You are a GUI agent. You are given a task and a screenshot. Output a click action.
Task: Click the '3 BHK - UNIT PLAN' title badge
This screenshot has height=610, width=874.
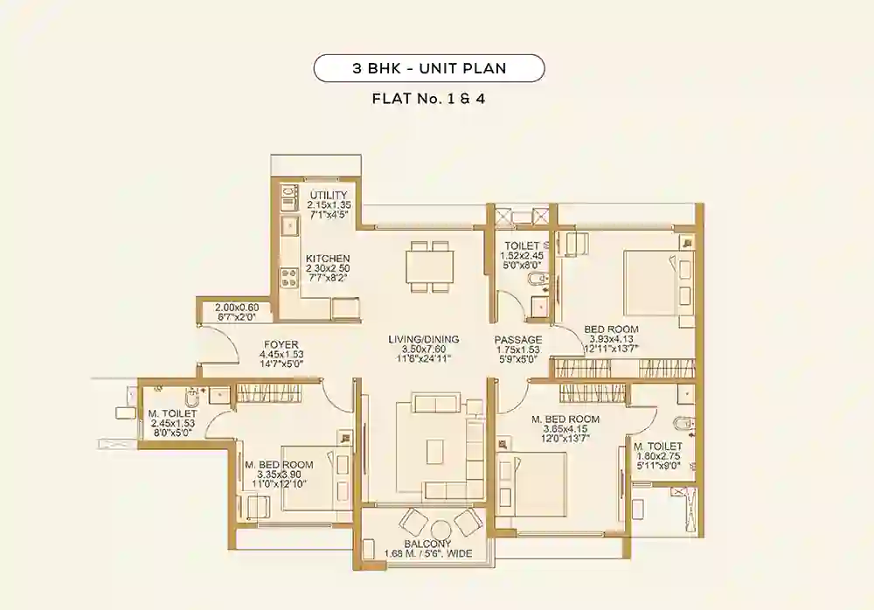(x=429, y=68)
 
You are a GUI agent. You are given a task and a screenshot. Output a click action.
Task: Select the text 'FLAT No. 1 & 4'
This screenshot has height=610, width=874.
(x=429, y=99)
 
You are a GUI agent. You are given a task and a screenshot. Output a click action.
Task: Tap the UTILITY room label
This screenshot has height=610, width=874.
(x=328, y=195)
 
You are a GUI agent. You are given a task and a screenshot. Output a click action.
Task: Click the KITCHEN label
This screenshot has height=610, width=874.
(x=328, y=259)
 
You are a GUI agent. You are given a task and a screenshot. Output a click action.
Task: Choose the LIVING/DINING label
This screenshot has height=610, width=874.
(x=424, y=339)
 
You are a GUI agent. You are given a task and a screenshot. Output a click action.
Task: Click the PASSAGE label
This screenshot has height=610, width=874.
(x=518, y=339)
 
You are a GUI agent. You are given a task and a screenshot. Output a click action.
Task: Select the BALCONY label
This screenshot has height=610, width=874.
(x=427, y=543)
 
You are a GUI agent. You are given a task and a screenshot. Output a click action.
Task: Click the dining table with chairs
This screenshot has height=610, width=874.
(x=430, y=266)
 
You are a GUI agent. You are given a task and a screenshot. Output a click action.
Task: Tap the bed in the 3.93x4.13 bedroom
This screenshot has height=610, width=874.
(x=647, y=281)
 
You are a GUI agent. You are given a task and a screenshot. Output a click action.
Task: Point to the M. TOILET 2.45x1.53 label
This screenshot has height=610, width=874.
(x=173, y=413)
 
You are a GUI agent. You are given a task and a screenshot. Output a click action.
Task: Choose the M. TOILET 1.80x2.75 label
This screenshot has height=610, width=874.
(x=658, y=447)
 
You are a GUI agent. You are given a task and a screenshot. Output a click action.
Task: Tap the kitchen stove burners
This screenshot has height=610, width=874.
(x=288, y=278)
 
